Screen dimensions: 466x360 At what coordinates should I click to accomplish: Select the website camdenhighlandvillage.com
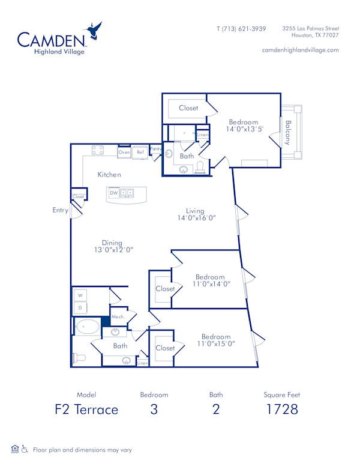tap(300, 50)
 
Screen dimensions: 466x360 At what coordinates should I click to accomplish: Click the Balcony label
tap(288, 133)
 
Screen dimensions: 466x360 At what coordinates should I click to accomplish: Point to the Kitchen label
tap(110, 175)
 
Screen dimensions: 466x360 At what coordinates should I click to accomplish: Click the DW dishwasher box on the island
tap(113, 193)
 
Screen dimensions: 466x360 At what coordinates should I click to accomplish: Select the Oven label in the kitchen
tap(124, 153)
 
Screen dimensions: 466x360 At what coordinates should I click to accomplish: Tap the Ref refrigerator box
tap(140, 153)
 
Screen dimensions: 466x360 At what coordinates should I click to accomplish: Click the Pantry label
tap(156, 148)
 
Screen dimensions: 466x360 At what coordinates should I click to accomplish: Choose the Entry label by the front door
tap(60, 210)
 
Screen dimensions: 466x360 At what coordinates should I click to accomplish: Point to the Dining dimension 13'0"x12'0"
tap(113, 250)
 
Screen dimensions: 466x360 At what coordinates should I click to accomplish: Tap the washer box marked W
tap(80, 295)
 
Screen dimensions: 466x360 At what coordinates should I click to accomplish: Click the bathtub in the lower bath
tap(88, 328)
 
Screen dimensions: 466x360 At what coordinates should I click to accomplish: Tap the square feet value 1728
tap(281, 410)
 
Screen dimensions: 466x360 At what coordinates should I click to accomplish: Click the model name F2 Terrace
tap(87, 410)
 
